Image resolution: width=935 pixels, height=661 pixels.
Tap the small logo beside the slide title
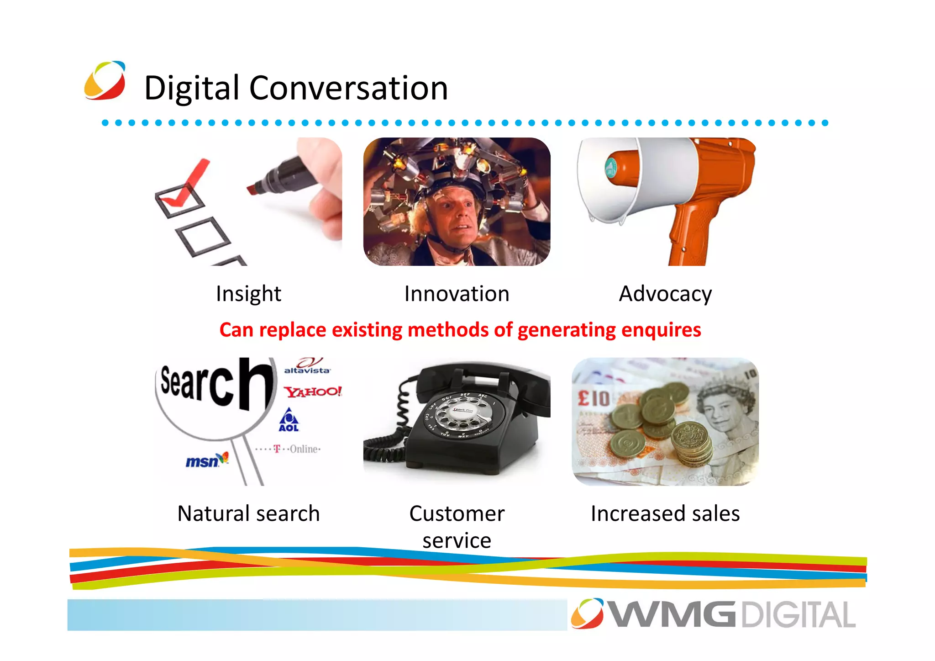(x=105, y=80)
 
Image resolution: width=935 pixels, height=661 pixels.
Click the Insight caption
(x=248, y=294)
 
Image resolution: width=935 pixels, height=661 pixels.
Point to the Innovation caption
(x=457, y=294)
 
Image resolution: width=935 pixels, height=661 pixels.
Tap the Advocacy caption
(x=665, y=294)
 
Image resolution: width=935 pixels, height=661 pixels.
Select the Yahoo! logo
(x=313, y=391)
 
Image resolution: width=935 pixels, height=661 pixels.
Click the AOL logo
(x=289, y=421)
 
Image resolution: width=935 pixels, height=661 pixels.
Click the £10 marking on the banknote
(x=594, y=398)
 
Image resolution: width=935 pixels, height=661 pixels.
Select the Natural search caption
(x=248, y=513)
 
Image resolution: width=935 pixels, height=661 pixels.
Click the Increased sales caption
(x=665, y=513)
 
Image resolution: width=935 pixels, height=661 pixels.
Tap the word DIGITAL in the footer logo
(x=798, y=615)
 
